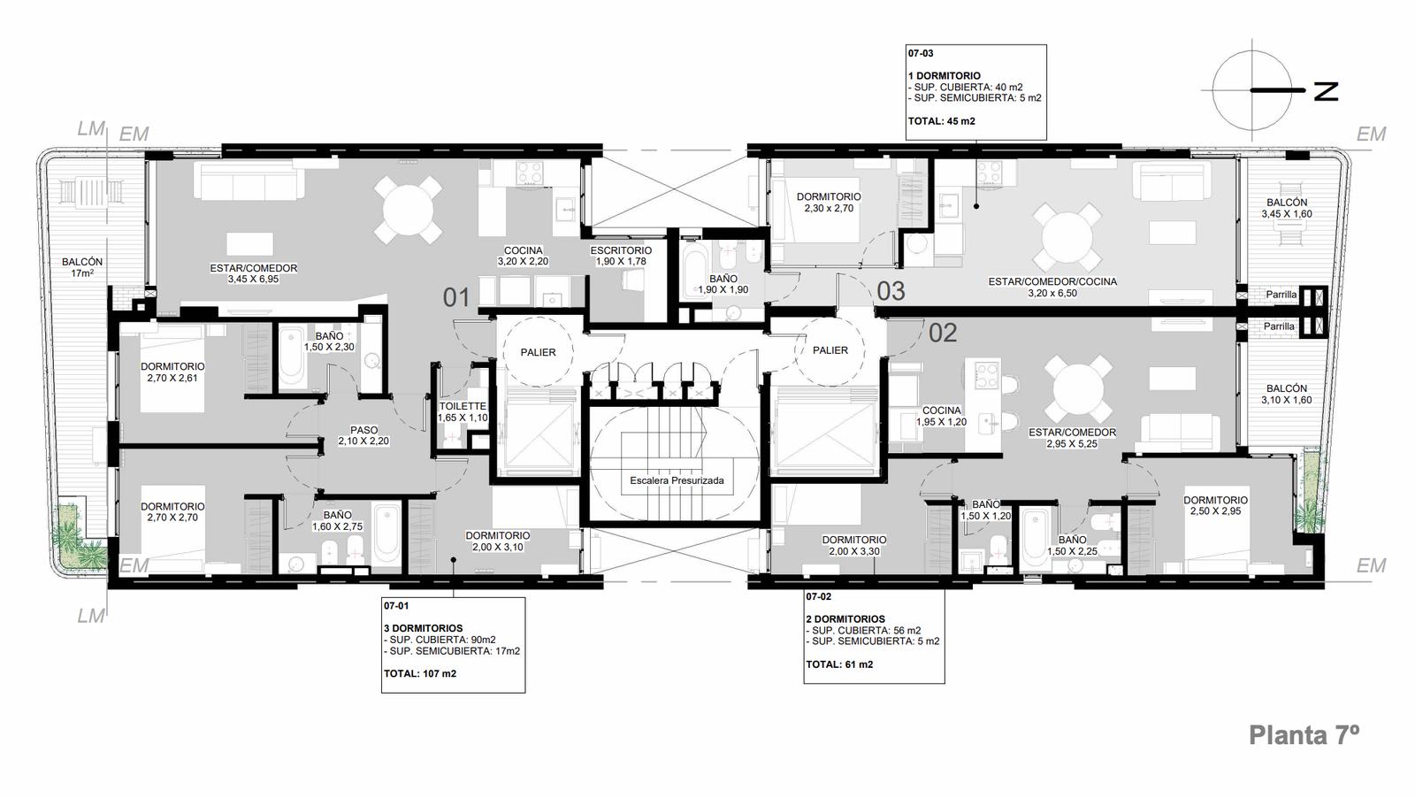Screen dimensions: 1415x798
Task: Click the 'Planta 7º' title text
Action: click(1304, 735)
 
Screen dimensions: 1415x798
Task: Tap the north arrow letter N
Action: click(1326, 92)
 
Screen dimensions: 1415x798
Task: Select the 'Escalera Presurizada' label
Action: click(677, 480)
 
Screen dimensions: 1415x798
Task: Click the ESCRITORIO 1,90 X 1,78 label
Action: click(621, 256)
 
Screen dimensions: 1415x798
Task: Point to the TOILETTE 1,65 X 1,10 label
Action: click(463, 412)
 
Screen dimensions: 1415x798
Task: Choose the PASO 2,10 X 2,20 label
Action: click(363, 435)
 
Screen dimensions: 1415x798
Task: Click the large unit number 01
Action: click(456, 297)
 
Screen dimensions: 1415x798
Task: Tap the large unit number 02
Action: click(943, 333)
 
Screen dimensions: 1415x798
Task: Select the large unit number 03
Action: click(891, 291)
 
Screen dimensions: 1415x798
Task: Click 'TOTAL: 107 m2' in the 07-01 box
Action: click(420, 673)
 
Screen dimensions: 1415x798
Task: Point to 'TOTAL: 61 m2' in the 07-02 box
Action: click(839, 664)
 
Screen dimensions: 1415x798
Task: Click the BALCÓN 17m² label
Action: click(82, 267)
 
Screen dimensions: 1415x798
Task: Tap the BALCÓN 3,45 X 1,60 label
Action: click(1287, 208)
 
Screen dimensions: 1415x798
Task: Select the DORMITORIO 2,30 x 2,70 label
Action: click(829, 203)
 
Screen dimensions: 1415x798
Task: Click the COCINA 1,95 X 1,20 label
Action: click(941, 416)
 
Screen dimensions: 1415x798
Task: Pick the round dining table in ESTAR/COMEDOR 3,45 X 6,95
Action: click(408, 210)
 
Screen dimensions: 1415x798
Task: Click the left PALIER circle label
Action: click(539, 353)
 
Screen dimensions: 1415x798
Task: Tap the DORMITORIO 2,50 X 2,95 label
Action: click(1215, 505)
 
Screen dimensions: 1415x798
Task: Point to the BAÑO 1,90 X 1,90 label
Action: click(723, 284)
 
